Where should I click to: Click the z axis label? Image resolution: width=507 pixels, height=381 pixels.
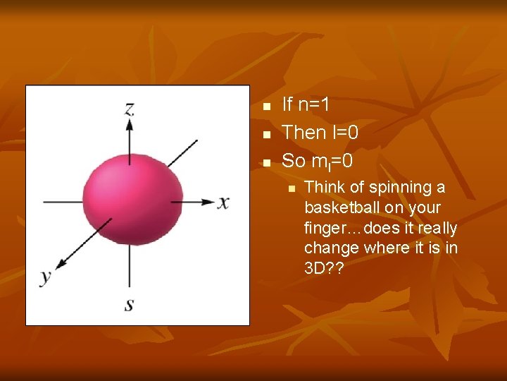pos(130,108)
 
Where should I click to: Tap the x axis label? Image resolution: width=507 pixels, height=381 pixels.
pos(223,203)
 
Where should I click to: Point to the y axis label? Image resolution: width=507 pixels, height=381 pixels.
pos(46,276)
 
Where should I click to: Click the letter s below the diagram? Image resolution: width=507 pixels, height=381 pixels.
pos(130,304)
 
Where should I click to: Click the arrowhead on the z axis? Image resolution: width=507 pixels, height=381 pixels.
pos(130,124)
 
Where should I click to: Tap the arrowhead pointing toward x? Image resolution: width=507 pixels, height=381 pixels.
pos(208,202)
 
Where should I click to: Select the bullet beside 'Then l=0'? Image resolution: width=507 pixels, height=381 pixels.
pos(266,134)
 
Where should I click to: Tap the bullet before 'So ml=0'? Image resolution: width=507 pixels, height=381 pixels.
pos(266,162)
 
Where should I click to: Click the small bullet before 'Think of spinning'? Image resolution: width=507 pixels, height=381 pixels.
pos(289,188)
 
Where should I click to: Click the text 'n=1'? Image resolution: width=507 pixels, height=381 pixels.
pos(314,105)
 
